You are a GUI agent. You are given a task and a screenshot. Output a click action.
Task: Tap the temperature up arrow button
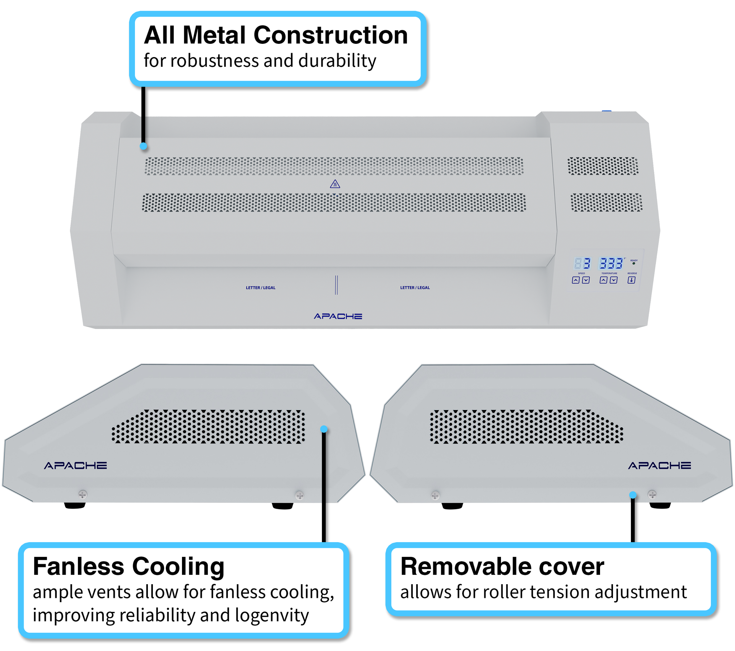coord(603,280)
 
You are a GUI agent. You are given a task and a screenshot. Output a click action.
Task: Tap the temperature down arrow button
coord(613,280)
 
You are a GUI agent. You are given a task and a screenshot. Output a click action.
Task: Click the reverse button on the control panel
coord(631,280)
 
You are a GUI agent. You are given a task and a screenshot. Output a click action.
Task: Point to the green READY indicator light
coord(633,264)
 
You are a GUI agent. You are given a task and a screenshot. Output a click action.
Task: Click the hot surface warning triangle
coord(335,184)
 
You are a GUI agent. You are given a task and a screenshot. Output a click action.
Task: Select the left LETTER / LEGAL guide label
coord(260,288)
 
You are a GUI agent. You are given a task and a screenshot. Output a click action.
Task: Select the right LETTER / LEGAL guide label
coord(415,288)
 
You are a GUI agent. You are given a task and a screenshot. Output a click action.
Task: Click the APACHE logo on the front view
coord(338,316)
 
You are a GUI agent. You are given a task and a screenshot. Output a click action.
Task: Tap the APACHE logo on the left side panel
coord(75,466)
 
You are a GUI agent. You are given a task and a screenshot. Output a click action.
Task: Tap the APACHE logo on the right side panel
coord(659,466)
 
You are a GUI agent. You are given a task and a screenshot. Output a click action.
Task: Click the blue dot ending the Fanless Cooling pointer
coord(324,429)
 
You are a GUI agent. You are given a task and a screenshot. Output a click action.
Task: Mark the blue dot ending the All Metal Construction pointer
coord(144,146)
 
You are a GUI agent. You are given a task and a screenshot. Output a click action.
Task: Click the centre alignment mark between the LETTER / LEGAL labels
coord(336,285)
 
